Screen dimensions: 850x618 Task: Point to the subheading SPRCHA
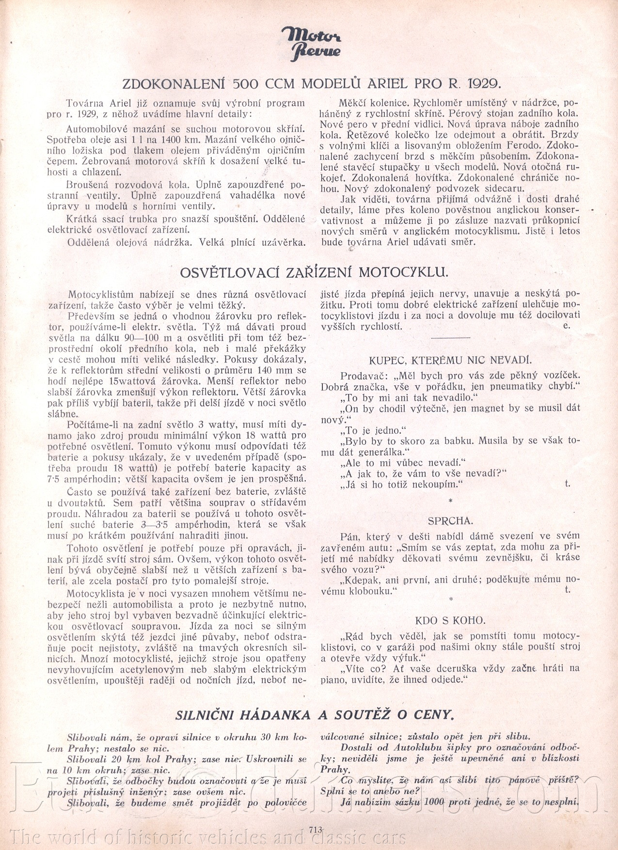coord(450,520)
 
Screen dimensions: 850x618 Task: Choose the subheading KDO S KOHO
coord(450,620)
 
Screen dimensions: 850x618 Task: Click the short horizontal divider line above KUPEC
coord(450,337)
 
